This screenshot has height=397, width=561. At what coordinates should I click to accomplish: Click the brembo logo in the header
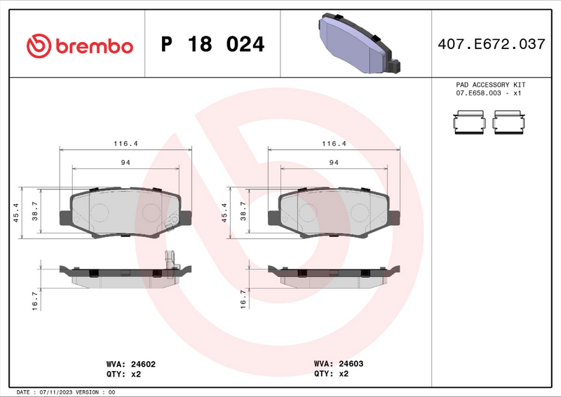[x=79, y=46]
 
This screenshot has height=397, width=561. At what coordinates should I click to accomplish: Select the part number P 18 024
[x=212, y=45]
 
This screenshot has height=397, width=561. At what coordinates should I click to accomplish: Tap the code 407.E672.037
[x=490, y=44]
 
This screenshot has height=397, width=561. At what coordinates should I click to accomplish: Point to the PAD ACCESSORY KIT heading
[x=490, y=84]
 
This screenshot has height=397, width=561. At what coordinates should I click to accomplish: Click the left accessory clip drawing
[x=469, y=122]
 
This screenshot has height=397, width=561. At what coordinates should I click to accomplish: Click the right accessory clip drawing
[x=508, y=122]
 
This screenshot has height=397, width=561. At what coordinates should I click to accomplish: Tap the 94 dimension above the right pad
[x=334, y=162]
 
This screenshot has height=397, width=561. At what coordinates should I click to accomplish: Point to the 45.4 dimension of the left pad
[x=15, y=212]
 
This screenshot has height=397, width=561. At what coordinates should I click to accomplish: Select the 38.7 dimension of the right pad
[x=243, y=212]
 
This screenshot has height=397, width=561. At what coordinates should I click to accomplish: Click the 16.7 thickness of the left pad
[x=34, y=300]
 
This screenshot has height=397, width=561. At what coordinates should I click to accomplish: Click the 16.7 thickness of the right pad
[x=243, y=300]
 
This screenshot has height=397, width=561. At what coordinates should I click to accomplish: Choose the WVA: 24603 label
[x=338, y=364]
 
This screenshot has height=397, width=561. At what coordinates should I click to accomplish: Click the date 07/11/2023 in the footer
[x=53, y=392]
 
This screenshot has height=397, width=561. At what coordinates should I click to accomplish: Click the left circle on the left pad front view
[x=100, y=212]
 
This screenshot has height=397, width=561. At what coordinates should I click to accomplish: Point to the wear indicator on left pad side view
[x=168, y=260]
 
